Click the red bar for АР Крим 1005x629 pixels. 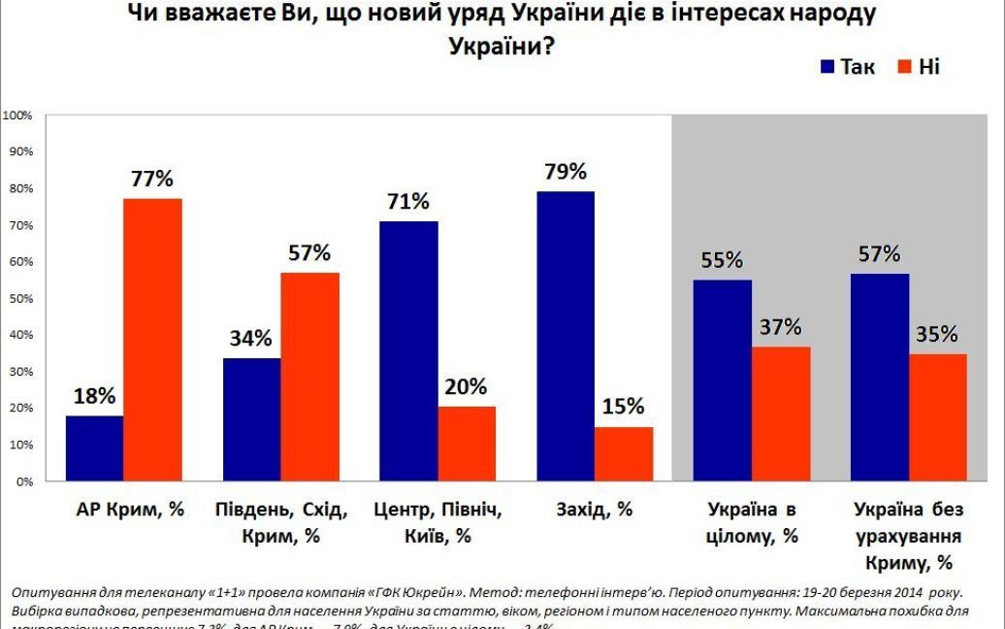tap(152, 340)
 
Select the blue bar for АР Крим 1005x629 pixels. tap(93, 448)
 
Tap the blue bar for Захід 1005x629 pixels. tap(565, 336)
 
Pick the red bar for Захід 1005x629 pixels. tap(624, 453)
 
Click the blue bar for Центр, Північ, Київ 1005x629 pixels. tap(408, 350)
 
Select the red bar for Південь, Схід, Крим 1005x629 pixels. tap(309, 377)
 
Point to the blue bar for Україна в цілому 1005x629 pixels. tap(722, 380)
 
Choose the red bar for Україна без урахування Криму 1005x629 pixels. tap(938, 417)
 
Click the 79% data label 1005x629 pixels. tap(566, 172)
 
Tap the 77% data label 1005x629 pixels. tap(152, 179)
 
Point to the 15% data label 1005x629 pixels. tap(624, 407)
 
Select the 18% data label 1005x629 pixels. tap(94, 396)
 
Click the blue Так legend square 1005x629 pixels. tap(827, 67)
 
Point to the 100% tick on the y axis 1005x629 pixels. tap(18, 116)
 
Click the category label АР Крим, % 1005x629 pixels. tap(129, 509)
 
